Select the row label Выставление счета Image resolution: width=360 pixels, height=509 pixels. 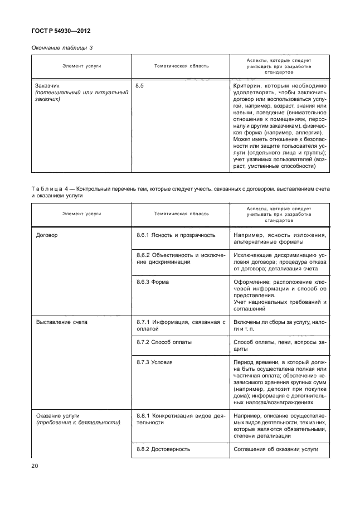click(x=61, y=322)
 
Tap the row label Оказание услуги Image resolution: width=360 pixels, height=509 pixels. click(x=58, y=416)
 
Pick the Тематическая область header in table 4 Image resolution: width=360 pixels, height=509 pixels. click(x=181, y=214)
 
